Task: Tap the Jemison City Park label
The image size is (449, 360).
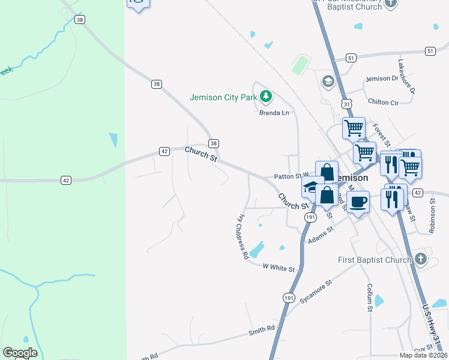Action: pos(223,97)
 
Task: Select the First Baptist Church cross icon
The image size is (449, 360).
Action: pos(421,259)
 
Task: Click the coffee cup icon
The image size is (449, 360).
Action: pos(358,202)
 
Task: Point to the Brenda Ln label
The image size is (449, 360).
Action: pos(274,112)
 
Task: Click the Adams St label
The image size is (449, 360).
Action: pos(320,235)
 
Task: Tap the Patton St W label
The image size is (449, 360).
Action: pos(291,176)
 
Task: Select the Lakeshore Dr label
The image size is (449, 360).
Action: pos(406,76)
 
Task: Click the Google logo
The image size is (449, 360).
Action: pos(20,353)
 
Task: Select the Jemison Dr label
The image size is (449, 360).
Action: pos(382,79)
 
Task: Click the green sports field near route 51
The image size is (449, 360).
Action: pos(300,65)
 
